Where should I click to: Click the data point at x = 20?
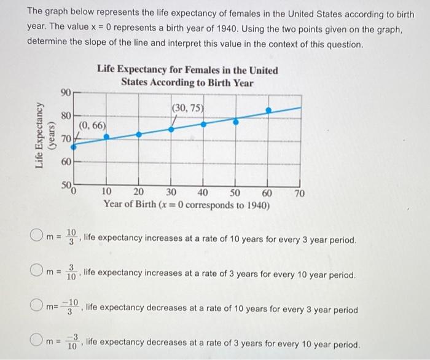point(139,133)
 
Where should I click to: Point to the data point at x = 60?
point(268,111)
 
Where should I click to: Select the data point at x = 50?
point(236,121)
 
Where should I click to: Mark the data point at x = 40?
point(204,123)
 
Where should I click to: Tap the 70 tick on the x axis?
point(300,194)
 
